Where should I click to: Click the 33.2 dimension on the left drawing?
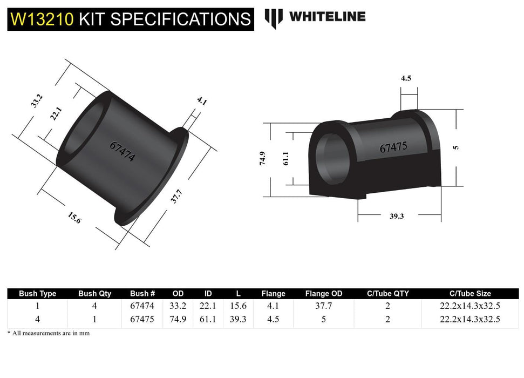pyautogui.click(x=37, y=101)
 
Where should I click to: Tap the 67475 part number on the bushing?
pyautogui.click(x=393, y=147)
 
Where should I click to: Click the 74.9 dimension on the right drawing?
pyautogui.click(x=263, y=159)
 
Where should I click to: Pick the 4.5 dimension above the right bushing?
pyautogui.click(x=406, y=78)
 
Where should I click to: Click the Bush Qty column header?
pyautogui.click(x=94, y=294)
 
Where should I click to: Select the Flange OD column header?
pyautogui.click(x=324, y=294)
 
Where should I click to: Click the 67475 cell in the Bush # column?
pyautogui.click(x=142, y=319)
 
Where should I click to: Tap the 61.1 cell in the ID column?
pyautogui.click(x=208, y=319)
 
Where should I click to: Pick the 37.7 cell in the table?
pyautogui.click(x=324, y=306)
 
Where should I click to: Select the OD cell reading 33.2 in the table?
pyautogui.click(x=178, y=306)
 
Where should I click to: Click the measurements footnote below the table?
pyautogui.click(x=49, y=333)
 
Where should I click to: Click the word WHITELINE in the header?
pyautogui.click(x=327, y=17)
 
